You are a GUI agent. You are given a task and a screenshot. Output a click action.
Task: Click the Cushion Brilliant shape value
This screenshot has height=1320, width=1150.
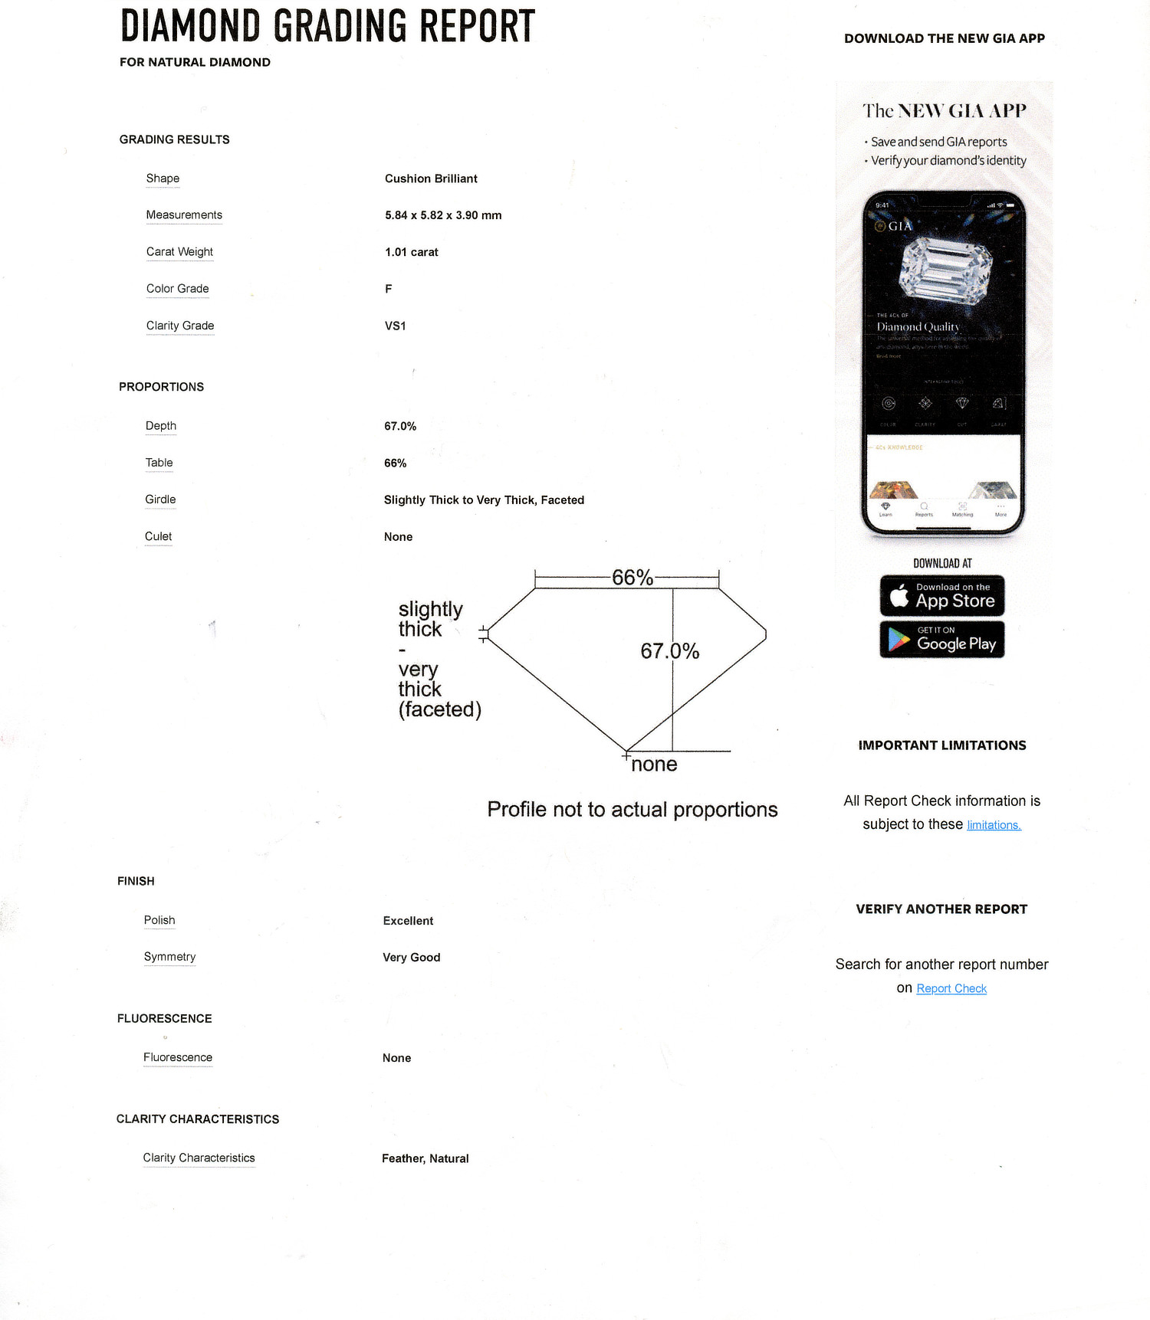point(431,179)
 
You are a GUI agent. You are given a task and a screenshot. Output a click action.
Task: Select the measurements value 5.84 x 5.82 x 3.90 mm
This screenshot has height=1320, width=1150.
point(443,215)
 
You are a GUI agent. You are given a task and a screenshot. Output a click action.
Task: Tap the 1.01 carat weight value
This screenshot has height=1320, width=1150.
point(412,252)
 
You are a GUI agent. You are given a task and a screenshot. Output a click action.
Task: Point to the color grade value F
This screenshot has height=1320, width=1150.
point(389,289)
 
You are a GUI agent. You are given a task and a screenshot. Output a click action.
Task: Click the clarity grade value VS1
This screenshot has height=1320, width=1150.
point(396,326)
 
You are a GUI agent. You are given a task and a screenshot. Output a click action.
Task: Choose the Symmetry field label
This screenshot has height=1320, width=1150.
point(169,957)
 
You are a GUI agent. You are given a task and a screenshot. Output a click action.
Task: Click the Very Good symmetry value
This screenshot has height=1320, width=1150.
point(412,958)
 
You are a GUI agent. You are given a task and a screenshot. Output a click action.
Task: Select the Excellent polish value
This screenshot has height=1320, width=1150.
point(408,921)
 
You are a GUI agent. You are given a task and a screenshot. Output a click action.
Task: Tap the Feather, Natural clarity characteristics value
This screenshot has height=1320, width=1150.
point(426,1158)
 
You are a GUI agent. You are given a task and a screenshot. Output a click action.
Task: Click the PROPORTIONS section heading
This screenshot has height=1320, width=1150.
point(161,387)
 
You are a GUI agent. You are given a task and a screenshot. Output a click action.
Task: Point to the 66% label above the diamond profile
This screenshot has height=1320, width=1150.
point(632,578)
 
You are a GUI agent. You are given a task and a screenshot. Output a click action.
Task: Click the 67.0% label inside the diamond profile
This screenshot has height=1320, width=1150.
point(670,651)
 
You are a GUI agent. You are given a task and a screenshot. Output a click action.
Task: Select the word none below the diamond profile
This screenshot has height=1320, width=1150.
point(654,764)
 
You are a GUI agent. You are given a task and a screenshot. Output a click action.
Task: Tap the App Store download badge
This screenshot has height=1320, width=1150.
point(942,596)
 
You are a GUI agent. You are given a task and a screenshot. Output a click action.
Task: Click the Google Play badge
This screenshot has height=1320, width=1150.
point(942,639)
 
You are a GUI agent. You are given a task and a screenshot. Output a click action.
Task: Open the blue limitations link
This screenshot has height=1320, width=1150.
point(994,825)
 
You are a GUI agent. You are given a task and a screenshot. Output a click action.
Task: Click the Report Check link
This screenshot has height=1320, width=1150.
point(951,988)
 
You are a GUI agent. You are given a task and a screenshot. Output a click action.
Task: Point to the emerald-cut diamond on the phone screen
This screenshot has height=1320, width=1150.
point(945,270)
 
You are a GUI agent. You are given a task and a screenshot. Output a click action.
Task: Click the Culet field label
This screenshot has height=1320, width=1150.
point(158,536)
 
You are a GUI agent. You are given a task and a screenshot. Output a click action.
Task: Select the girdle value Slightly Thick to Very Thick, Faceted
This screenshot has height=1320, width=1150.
point(484,500)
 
